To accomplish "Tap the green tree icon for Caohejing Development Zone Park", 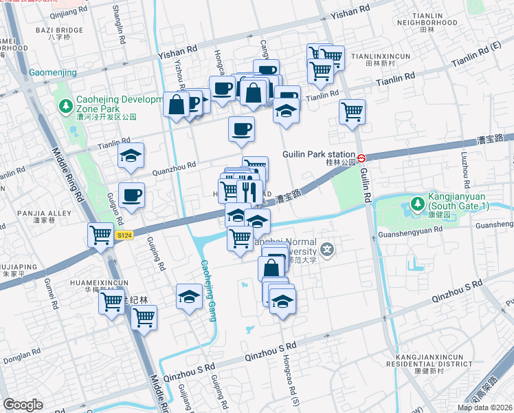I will click(x=65, y=107).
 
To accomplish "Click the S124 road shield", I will click(x=124, y=235).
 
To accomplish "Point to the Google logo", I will click(x=23, y=405).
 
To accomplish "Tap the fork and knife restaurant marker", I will click(x=249, y=191).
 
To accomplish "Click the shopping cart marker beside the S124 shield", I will click(x=100, y=235).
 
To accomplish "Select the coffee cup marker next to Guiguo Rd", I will click(x=131, y=194).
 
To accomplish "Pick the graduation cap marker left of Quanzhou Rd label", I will click(x=131, y=156).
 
